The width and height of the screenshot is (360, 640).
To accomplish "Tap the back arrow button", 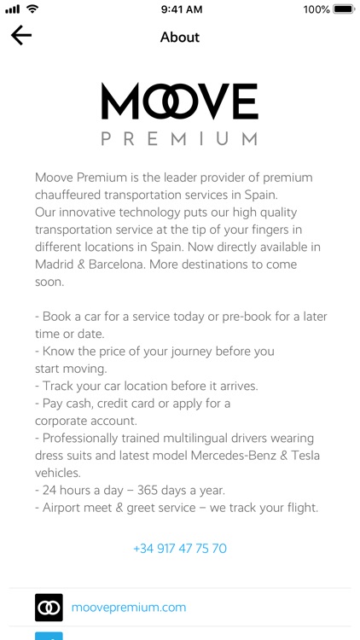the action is pyautogui.click(x=21, y=35).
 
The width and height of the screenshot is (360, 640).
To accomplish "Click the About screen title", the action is pyautogui.click(x=180, y=38).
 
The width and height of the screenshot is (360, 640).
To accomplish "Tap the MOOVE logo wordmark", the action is pyautogui.click(x=179, y=102).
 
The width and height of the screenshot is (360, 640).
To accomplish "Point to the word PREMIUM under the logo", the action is pyautogui.click(x=179, y=138).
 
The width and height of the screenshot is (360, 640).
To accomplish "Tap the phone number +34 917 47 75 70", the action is pyautogui.click(x=180, y=549).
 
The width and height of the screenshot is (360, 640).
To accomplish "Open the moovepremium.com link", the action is pyautogui.click(x=128, y=608).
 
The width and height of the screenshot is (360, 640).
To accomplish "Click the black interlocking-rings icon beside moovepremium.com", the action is pyautogui.click(x=49, y=608).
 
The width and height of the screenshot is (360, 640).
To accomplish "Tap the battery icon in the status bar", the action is pyautogui.click(x=344, y=9).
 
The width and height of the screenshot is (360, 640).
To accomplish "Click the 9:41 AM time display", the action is pyautogui.click(x=180, y=9).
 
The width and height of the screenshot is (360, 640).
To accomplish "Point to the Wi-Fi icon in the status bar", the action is pyautogui.click(x=32, y=9).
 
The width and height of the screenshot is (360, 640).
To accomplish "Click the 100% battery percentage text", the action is pyautogui.click(x=316, y=9).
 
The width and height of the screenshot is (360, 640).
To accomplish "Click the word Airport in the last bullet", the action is pyautogui.click(x=67, y=508).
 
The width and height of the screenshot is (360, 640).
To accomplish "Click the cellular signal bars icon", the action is pyautogui.click(x=13, y=9).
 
